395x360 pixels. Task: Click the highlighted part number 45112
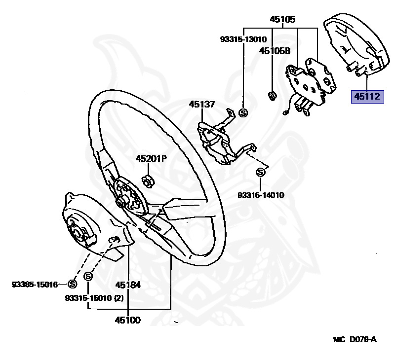coord(367,97)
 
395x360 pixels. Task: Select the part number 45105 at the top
coord(282,19)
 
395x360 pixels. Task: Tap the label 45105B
coord(275,51)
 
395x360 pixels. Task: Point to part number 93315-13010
coord(243,39)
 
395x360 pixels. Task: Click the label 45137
coord(202,104)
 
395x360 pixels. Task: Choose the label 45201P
coord(151,159)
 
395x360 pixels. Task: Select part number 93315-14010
coord(261,195)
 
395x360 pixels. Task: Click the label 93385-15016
coord(35,285)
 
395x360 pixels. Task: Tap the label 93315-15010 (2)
coord(94,298)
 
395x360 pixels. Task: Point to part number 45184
coord(128,285)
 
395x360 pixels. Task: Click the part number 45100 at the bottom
coord(128,320)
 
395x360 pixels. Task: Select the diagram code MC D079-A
coord(355,340)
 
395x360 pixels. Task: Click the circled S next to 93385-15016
coord(72,284)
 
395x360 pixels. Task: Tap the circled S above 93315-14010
coord(261,172)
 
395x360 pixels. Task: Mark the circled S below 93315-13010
coord(243,113)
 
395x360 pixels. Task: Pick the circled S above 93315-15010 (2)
coord(88,277)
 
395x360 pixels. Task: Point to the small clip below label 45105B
coord(272,96)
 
